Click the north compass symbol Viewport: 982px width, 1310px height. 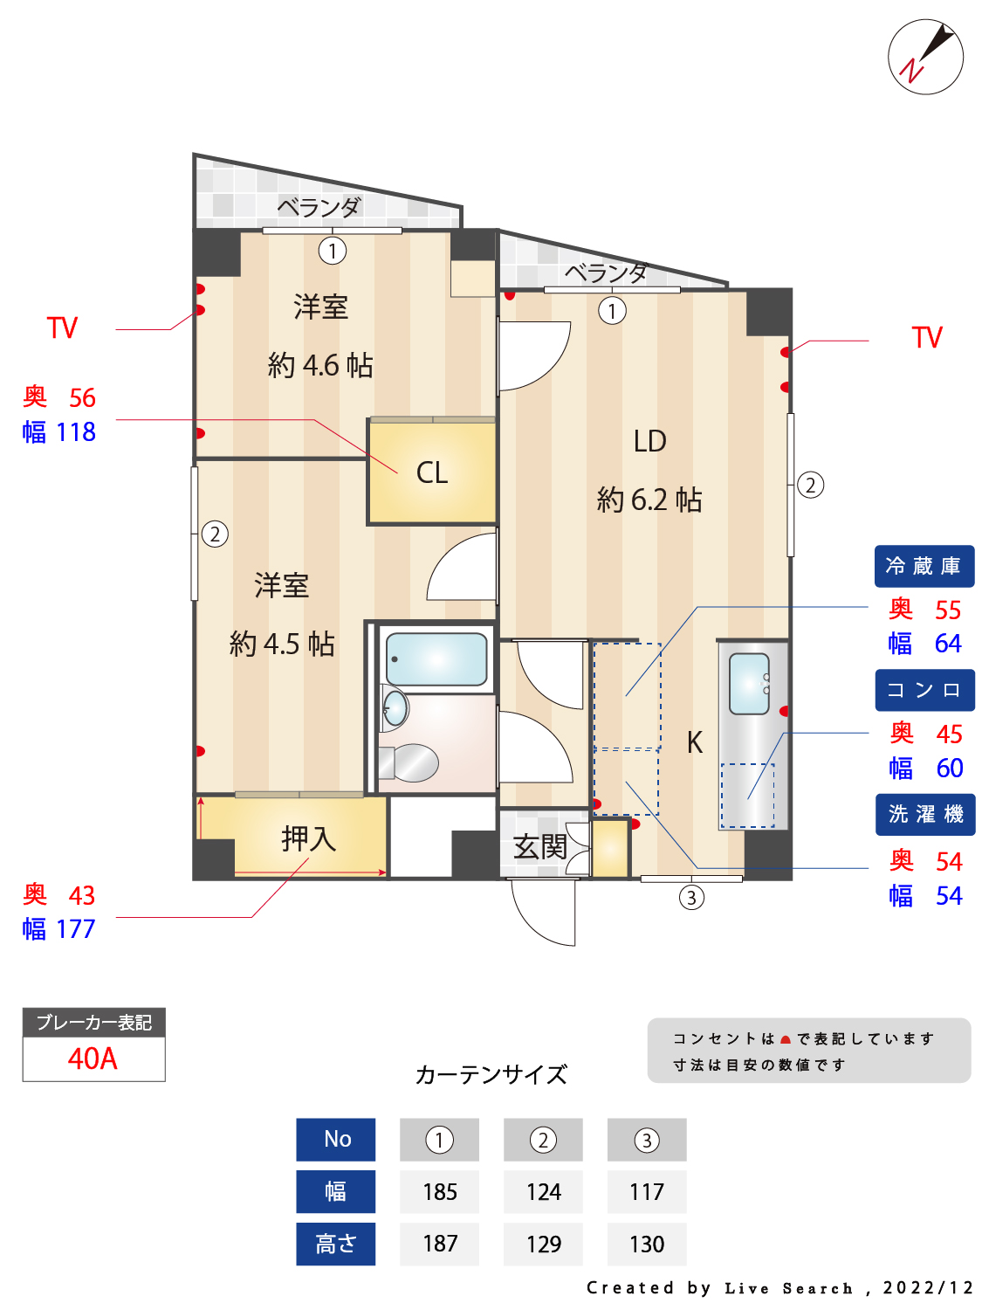[x=925, y=57]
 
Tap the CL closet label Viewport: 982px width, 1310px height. [x=432, y=472]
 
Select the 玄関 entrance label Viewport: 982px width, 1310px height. [x=539, y=846]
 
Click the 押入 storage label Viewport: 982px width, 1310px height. [x=308, y=838]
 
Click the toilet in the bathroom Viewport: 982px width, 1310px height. [x=410, y=762]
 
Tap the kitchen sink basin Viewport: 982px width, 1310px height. [x=749, y=683]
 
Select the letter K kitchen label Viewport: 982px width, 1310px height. [x=694, y=742]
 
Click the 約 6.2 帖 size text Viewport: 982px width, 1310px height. [x=649, y=500]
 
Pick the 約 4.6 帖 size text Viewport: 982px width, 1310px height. [x=320, y=365]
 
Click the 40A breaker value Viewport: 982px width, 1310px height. [x=93, y=1058]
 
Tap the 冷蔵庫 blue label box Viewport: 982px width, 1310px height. [x=924, y=566]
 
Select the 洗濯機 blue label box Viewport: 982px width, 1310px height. [x=925, y=814]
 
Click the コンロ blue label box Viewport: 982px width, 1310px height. [x=924, y=690]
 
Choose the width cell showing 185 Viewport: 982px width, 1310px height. [x=439, y=1192]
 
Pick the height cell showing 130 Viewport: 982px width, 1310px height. [x=647, y=1244]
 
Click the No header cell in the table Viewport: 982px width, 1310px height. [x=336, y=1140]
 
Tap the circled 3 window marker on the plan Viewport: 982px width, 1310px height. [x=691, y=897]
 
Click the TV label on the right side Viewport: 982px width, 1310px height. [x=926, y=338]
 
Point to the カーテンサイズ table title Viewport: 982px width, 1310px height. [x=491, y=1074]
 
